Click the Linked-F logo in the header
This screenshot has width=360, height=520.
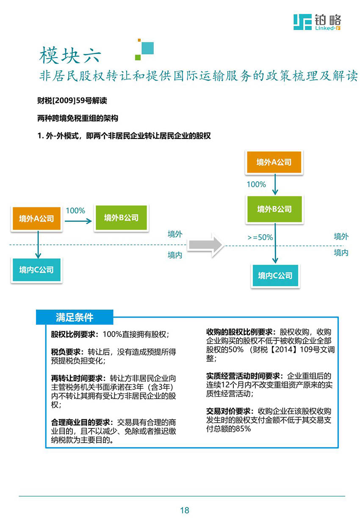(317, 22)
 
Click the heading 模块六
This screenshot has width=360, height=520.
(70, 55)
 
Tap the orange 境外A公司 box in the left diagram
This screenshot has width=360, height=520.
(36, 218)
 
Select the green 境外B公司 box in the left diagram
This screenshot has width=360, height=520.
(121, 218)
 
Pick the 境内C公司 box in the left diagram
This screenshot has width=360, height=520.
(36, 269)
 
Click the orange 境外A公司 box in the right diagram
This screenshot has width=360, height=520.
(274, 162)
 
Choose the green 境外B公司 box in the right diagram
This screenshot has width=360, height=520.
(274, 209)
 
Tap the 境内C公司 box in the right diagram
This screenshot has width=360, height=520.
(275, 275)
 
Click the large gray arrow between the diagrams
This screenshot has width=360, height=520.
(205, 245)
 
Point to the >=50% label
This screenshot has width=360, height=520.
(260, 237)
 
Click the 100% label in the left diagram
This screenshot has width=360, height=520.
(75, 210)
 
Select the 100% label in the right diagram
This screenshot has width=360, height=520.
(256, 184)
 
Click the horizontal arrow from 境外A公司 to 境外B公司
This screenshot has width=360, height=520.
(78, 221)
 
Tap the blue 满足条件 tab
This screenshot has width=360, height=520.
(75, 317)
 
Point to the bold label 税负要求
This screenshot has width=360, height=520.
(66, 352)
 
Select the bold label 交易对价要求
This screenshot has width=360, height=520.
(228, 411)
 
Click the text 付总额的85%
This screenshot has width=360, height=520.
(228, 428)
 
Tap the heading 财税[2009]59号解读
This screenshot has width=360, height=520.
(72, 100)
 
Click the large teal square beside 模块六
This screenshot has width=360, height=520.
(147, 48)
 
